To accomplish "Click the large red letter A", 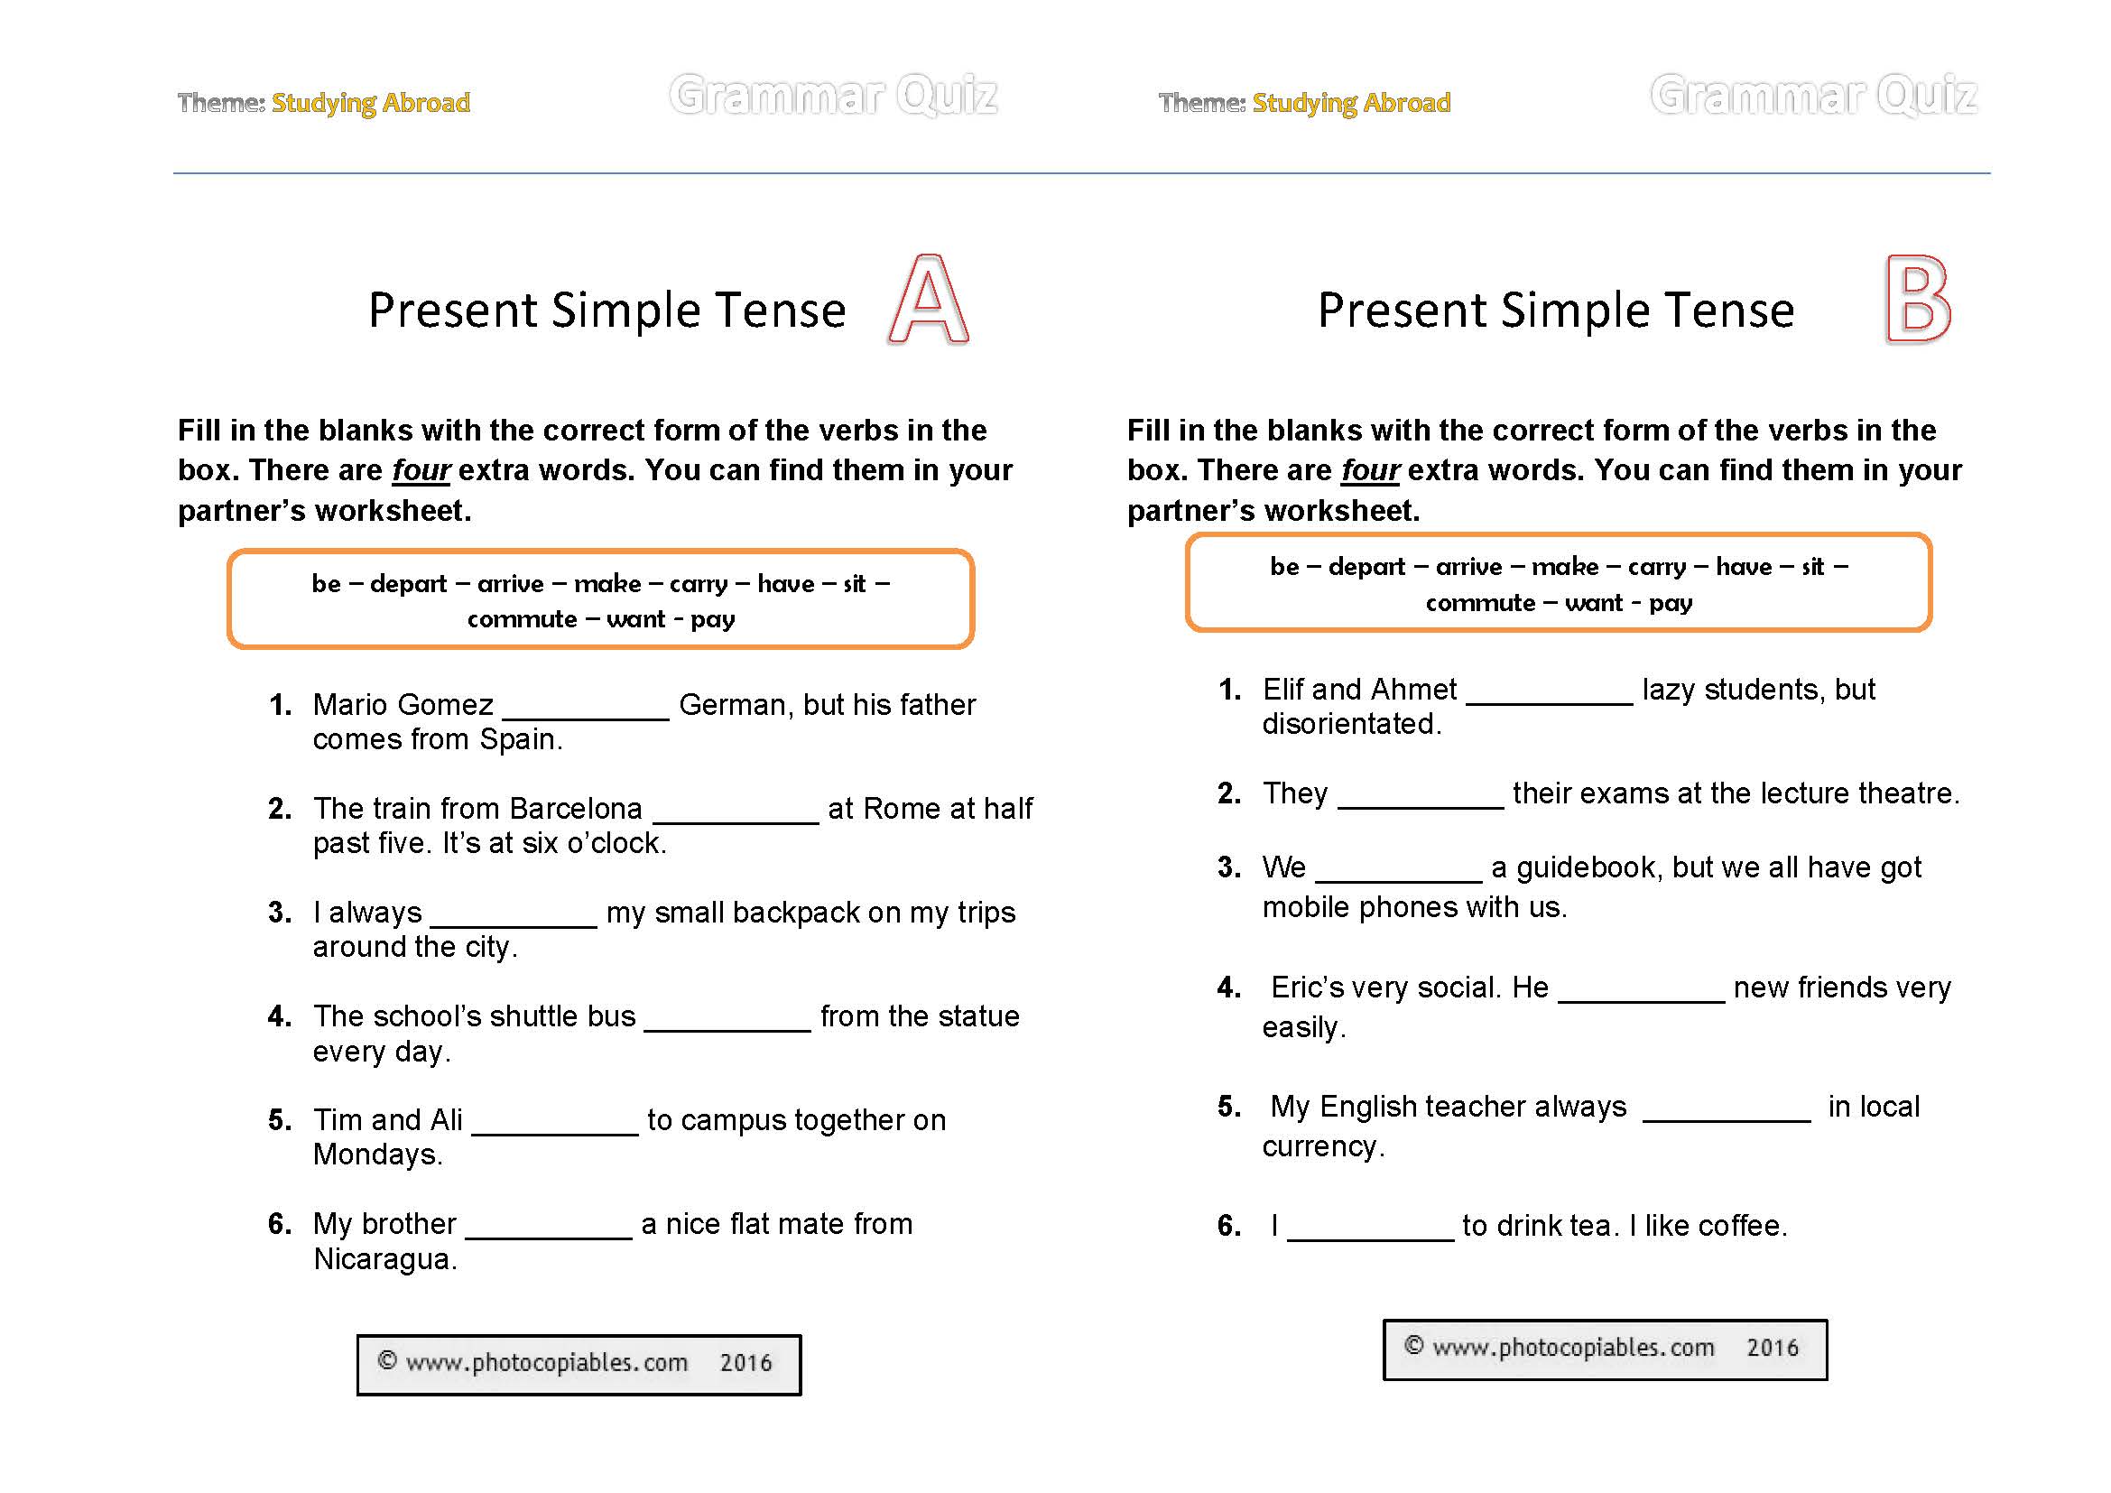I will (929, 301).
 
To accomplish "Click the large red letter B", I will (1917, 300).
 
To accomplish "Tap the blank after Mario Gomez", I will (586, 708).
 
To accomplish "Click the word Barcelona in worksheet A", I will (576, 809).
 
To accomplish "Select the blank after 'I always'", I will (514, 915).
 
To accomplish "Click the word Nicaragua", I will (384, 1259).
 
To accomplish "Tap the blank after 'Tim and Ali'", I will (554, 1124).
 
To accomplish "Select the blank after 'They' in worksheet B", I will (1421, 796).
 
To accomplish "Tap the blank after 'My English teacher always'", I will (1726, 1108).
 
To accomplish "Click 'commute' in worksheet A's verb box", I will (522, 619).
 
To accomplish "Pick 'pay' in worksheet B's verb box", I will (1671, 603).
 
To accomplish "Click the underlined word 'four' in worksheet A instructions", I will (421, 470).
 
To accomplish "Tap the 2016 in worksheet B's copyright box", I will (1772, 1348).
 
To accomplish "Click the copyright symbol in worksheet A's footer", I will (387, 1360).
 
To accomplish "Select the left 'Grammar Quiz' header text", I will (833, 96).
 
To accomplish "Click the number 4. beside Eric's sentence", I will (1228, 988).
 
